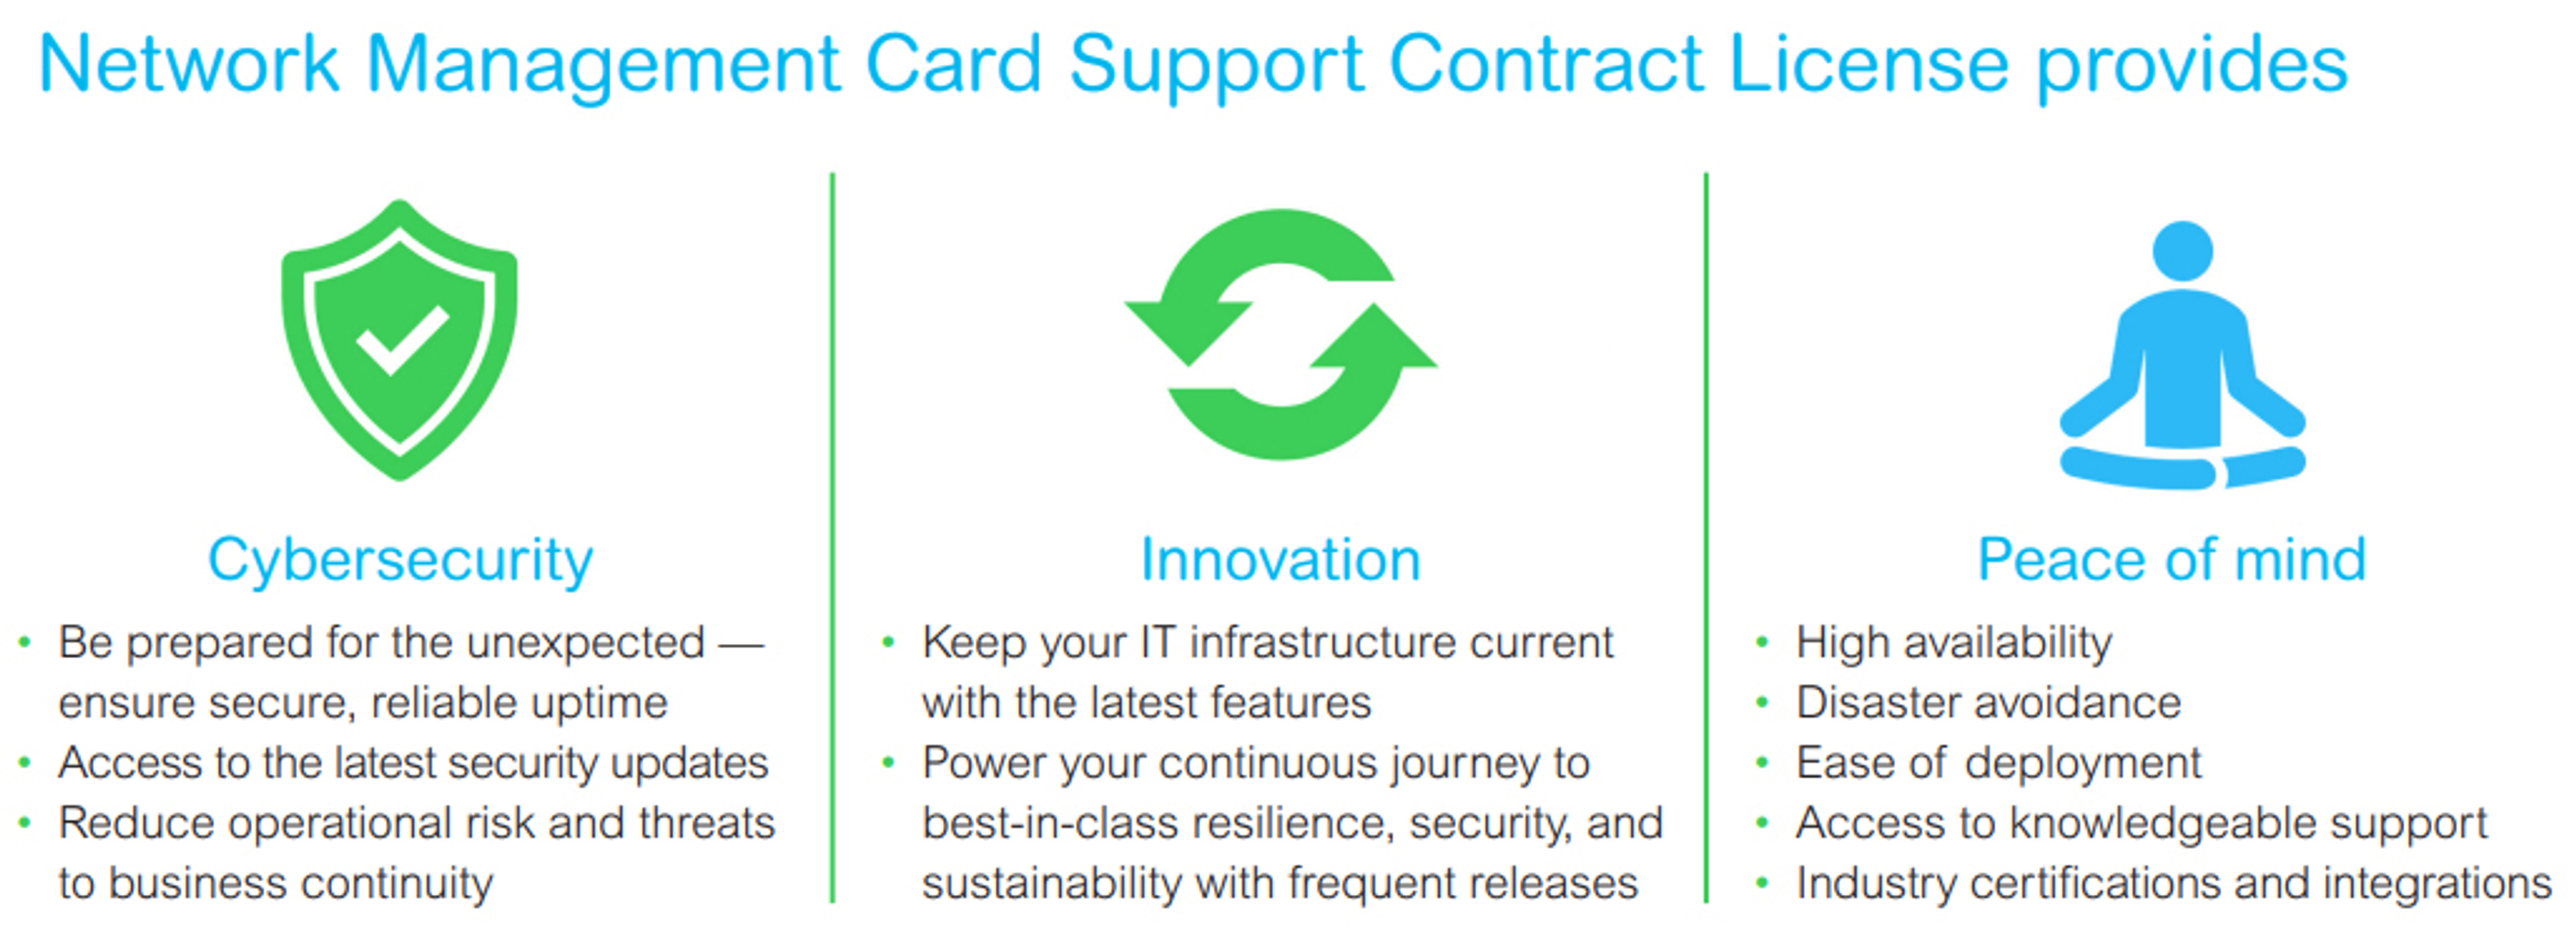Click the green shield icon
point(400,340)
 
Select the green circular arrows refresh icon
point(1281,334)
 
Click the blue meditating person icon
point(2183,354)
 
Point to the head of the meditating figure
point(2183,251)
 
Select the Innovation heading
point(1281,559)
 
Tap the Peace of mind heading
point(2172,559)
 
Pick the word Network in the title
point(190,64)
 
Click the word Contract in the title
point(1546,64)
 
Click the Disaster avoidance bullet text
point(1988,702)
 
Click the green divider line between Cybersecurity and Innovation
point(833,537)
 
